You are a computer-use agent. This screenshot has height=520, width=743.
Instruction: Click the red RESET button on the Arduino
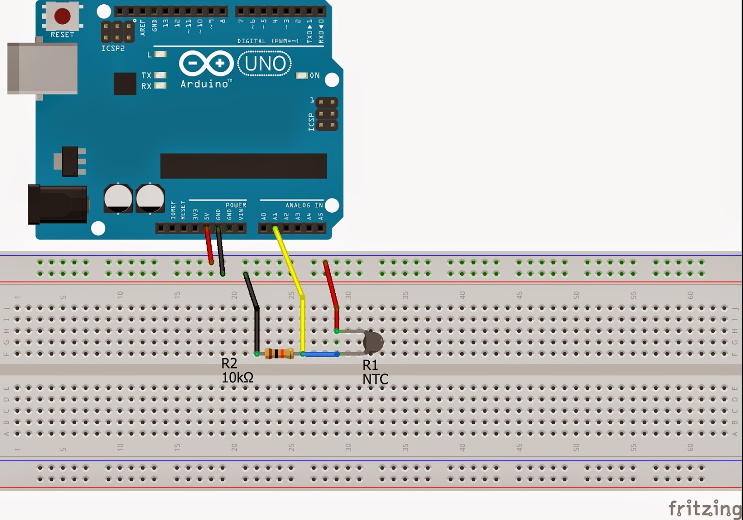coord(62,16)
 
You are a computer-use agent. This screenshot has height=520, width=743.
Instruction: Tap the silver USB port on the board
coord(42,68)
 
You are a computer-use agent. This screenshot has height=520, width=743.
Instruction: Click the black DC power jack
coord(57,204)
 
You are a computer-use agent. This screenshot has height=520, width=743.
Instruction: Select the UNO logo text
coord(265,64)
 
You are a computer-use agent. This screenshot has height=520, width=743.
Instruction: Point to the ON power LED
coord(302,75)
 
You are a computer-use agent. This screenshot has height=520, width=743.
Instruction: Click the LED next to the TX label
coord(160,75)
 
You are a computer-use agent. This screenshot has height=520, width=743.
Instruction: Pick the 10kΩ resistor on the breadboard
coord(279,354)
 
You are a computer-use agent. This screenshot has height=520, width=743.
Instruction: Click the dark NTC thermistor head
coord(373,342)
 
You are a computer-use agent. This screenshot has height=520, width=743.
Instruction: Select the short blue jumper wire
coord(320,354)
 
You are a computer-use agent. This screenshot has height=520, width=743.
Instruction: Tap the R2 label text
coord(229,363)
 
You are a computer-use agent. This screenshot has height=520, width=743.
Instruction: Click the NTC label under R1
coord(375,379)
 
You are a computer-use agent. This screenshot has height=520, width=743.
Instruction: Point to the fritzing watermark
coord(704,508)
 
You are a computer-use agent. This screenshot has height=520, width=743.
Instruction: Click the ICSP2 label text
coord(113,48)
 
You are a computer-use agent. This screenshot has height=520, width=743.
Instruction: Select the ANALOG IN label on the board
coord(304,205)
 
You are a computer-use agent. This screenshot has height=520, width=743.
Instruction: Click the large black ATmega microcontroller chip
coord(243,166)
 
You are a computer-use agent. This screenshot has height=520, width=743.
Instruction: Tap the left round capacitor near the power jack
coord(118,198)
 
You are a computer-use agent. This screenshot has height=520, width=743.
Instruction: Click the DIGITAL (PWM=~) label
coord(267,41)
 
